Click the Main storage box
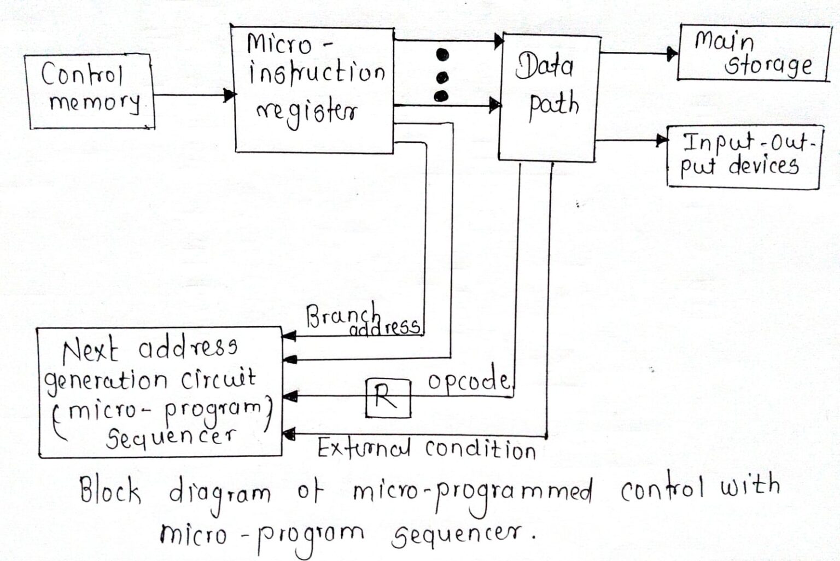(x=754, y=54)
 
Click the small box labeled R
(x=388, y=398)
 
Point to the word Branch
(x=342, y=315)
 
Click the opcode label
(x=468, y=380)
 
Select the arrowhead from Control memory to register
(x=230, y=95)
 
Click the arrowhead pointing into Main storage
(x=672, y=54)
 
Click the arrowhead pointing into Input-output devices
(x=662, y=141)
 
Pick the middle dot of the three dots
(x=441, y=76)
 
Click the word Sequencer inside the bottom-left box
(x=171, y=436)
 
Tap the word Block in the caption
(x=110, y=489)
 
